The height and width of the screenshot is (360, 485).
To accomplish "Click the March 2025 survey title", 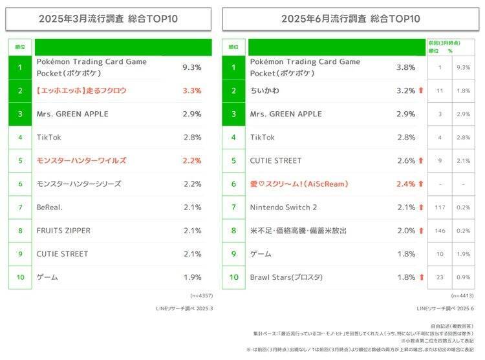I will click(109, 19).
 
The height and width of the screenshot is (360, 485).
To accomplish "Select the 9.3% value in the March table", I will click(192, 67).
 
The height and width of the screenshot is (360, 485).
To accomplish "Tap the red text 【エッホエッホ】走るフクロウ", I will click(81, 90).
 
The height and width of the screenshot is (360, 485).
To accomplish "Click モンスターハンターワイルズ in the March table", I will click(81, 160).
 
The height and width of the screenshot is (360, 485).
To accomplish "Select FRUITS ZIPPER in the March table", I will click(63, 230).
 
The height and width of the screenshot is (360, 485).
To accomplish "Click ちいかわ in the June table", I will click(265, 90).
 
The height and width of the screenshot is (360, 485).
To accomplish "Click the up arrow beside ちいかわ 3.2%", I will click(421, 90).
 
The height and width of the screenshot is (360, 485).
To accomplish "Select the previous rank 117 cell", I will click(439, 207).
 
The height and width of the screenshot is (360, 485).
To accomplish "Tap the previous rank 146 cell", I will click(439, 231).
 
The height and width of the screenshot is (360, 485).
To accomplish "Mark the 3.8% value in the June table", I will click(405, 67).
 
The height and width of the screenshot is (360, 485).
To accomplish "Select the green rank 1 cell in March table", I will click(20, 67).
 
